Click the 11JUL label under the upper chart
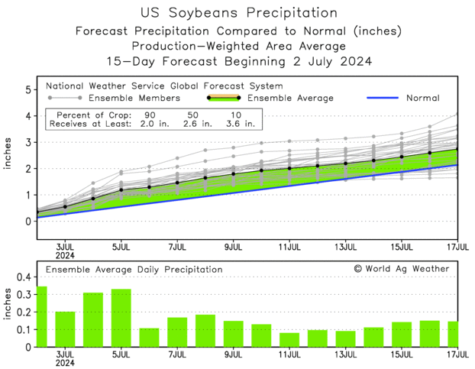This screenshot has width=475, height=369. pyautogui.click(x=289, y=247)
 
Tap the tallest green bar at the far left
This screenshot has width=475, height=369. pyautogui.click(x=41, y=317)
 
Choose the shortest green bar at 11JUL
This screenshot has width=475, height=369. pyautogui.click(x=289, y=340)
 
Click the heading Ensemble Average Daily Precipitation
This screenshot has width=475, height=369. pyautogui.click(x=134, y=270)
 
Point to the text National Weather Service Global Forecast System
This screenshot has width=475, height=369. pyautogui.click(x=164, y=86)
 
